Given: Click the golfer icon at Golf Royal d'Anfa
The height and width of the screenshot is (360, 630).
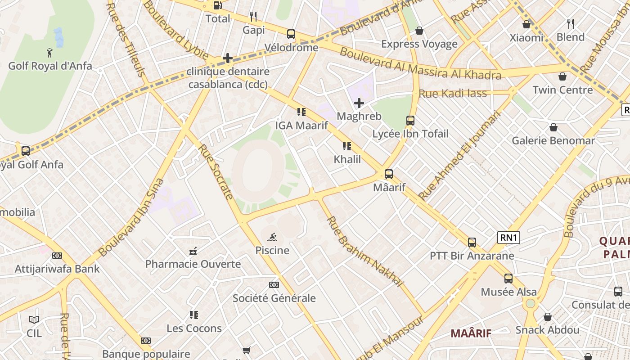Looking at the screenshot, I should click(x=49, y=53).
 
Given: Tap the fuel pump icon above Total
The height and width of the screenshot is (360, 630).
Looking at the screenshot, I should click(x=218, y=5).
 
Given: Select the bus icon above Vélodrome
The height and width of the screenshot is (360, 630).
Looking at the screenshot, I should click(x=291, y=34).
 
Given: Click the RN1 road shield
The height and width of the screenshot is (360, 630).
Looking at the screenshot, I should click(x=508, y=238).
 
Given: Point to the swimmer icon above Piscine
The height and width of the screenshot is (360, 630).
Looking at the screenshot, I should click(x=272, y=237).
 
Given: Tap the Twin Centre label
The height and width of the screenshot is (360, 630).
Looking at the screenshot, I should click(x=562, y=90).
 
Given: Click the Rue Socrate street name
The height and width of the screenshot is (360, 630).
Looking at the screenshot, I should click(x=216, y=171).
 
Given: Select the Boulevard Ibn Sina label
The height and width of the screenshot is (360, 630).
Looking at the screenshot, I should click(x=131, y=218).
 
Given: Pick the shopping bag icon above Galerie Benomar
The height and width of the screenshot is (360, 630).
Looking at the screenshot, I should click(x=553, y=127).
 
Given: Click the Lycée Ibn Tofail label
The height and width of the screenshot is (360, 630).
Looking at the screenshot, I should click(x=410, y=134).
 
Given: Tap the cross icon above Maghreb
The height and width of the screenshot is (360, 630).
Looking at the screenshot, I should click(x=359, y=103).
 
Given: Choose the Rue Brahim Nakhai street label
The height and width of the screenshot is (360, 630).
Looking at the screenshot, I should click(x=364, y=251).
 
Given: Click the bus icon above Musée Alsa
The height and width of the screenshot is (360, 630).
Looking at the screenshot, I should click(x=508, y=279).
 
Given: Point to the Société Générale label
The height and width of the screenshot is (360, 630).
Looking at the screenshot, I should click(x=274, y=298).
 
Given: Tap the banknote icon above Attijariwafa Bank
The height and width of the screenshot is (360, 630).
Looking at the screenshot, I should click(x=57, y=256).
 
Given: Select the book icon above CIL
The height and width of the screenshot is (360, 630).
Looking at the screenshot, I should click(x=34, y=320).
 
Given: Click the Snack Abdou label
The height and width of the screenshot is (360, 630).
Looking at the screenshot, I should click(x=547, y=330).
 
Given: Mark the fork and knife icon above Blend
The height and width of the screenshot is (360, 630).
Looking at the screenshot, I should click(x=570, y=23).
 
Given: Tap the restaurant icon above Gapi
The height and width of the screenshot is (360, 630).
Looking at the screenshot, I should click(x=253, y=17).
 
